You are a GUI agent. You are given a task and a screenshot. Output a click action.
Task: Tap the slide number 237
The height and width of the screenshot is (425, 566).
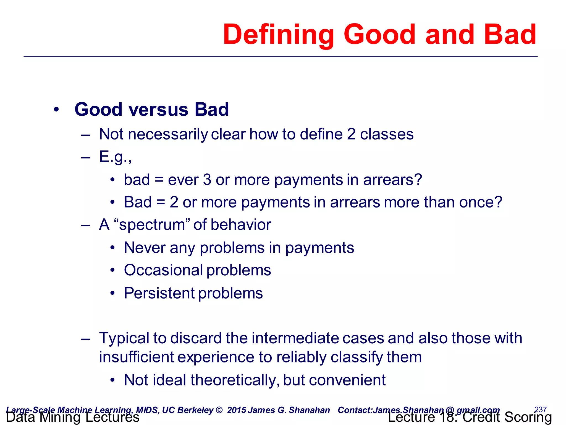pos(540,409)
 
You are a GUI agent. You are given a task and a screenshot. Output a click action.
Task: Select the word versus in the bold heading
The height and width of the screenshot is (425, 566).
pos(158,110)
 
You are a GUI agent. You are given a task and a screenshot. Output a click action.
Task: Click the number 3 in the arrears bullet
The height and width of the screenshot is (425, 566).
pos(207,180)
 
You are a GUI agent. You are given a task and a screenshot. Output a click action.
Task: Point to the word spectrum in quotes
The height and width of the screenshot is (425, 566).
pos(152,225)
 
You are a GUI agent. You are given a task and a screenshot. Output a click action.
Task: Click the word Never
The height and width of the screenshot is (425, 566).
pos(145,248)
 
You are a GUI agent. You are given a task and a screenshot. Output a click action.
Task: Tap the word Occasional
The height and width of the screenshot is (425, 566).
pos(163,270)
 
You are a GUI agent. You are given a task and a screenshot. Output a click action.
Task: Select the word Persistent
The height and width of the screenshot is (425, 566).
pos(159,293)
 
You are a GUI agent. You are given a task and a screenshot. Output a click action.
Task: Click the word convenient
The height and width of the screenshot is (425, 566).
pos(347,380)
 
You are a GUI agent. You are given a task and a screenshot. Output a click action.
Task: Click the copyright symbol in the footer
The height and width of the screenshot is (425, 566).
pos(219,410)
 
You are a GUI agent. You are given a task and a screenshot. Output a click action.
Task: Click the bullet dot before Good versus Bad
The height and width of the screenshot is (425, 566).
pos(56,110)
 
